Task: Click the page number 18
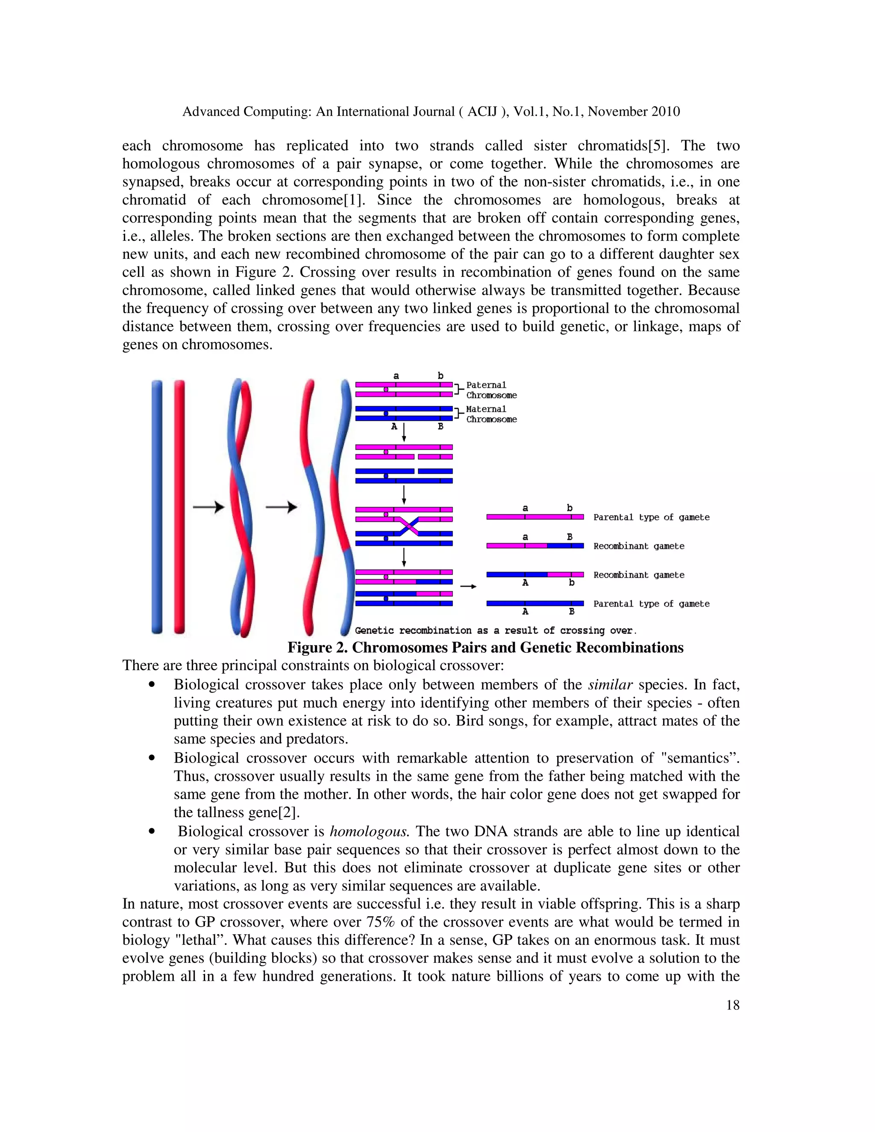[x=732, y=1006]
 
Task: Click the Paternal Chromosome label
[x=490, y=390]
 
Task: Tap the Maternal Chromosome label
[x=490, y=414]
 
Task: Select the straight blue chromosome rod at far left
[x=156, y=506]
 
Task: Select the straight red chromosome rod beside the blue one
[x=179, y=506]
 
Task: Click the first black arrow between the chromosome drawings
[x=208, y=507]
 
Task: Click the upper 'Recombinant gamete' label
[x=639, y=546]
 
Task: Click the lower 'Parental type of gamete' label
[x=651, y=604]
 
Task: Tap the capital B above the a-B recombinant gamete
[x=570, y=537]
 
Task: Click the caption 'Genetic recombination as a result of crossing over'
[x=495, y=631]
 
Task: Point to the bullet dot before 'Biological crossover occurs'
[x=151, y=758]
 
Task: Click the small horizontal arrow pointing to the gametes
[x=468, y=586]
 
